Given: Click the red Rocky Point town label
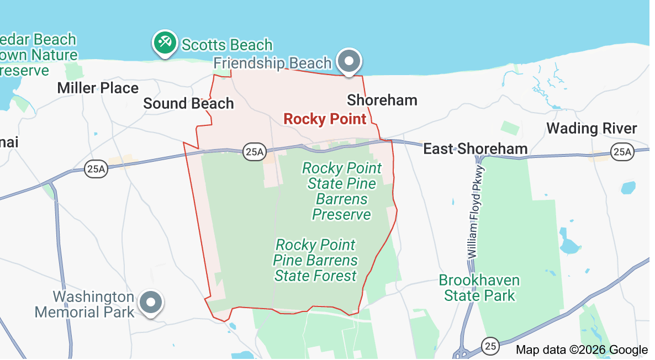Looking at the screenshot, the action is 325,119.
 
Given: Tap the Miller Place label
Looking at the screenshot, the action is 98,88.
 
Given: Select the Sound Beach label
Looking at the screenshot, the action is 188,103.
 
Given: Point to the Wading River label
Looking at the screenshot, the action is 591,129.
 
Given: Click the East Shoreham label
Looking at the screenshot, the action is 475,149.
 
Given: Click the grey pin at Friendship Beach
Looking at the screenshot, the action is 350,60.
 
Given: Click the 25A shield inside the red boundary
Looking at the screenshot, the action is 253,152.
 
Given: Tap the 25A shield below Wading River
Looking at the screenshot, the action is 622,152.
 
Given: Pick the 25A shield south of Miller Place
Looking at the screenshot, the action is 96,168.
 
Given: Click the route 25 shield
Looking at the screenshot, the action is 490,346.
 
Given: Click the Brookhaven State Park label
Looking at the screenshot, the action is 479,288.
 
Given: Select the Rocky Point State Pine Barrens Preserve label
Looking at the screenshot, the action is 342,191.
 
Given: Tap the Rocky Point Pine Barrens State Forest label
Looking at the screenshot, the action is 316,260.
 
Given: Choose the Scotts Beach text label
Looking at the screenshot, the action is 227,45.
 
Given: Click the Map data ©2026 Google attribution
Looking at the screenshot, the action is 582,350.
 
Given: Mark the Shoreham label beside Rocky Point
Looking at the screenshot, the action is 382,100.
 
